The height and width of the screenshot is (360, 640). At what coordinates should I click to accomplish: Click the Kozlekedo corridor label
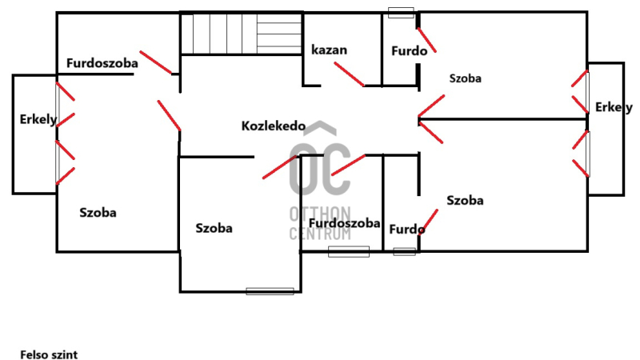274,126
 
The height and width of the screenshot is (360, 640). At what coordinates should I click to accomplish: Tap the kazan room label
329,50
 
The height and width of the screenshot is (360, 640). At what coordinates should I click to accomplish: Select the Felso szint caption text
49,353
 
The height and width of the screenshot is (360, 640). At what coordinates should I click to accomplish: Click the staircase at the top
240,34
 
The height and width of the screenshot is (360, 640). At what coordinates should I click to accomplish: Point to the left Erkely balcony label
38,120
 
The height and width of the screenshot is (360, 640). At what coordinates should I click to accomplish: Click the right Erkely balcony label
614,107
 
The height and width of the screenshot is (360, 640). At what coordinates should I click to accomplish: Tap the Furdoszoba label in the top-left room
102,62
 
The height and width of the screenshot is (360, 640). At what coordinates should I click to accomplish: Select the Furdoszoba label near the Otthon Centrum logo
344,223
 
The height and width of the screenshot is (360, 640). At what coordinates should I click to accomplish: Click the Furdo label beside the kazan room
407,50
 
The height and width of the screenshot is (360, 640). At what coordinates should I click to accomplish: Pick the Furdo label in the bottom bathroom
406,230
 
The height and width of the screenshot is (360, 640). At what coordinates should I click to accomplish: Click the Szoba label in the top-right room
466,78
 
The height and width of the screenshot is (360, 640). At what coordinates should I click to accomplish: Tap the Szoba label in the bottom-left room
98,213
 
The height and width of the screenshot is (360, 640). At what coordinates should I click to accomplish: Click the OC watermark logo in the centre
319,166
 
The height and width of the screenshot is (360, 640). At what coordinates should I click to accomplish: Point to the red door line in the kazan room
349,74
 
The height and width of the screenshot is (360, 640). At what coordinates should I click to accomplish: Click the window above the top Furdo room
401,12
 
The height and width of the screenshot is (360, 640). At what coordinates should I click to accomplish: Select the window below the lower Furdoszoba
349,252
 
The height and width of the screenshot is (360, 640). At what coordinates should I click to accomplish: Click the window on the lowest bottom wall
270,290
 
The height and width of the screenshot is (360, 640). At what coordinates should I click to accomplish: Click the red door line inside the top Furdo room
426,39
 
